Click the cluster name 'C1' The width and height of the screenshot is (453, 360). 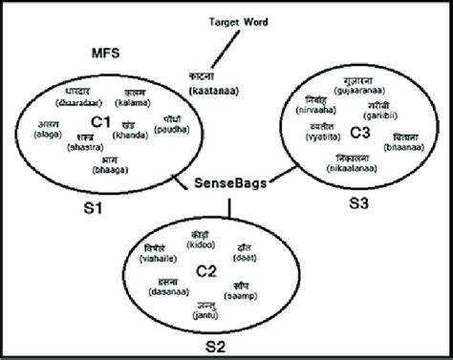103,121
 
